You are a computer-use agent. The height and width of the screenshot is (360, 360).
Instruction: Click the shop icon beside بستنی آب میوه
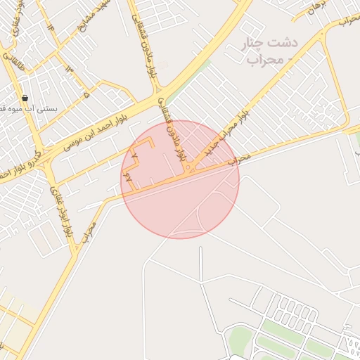coord(25,98)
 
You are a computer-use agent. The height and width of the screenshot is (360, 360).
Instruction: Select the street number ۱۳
coord(69,68)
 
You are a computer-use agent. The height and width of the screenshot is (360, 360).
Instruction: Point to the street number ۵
coord(86,94)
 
